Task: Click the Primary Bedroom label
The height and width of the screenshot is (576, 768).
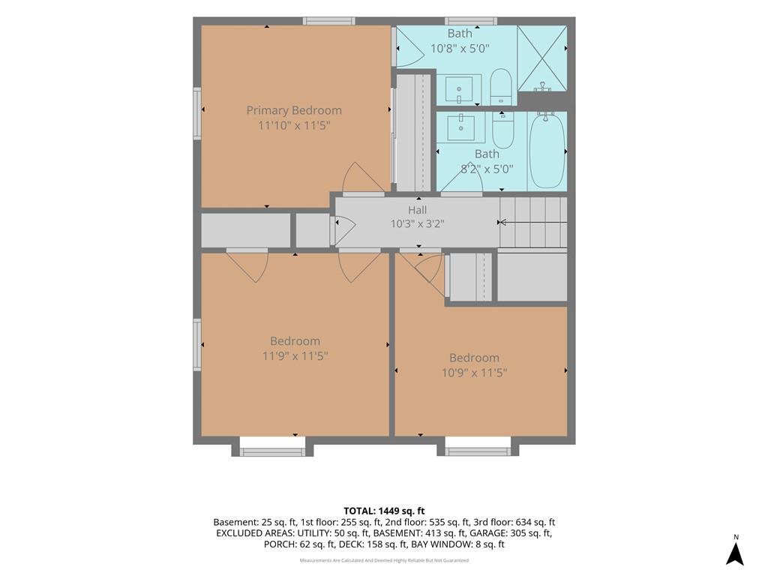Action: click(294, 110)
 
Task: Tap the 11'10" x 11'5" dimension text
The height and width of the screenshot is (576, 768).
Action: click(294, 126)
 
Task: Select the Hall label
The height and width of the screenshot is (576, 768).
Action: click(417, 210)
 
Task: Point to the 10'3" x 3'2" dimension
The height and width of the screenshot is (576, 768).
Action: click(417, 224)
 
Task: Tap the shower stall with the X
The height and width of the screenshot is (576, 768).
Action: click(542, 58)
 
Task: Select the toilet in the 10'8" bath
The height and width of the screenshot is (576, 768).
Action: click(500, 87)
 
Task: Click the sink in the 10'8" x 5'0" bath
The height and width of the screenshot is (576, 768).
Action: click(459, 90)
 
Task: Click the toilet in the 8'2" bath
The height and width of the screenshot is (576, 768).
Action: click(503, 130)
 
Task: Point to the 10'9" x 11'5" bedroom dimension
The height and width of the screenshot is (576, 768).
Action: click(474, 373)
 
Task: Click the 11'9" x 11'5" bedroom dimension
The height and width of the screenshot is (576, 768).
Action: click(295, 356)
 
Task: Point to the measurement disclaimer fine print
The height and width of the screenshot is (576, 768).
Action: click(384, 560)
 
